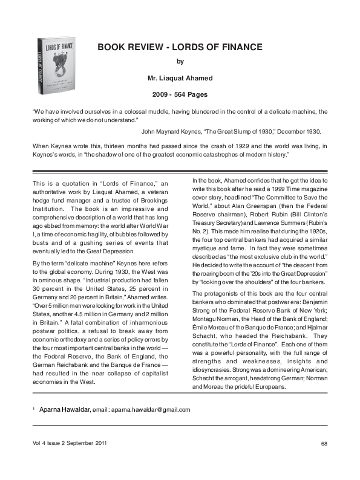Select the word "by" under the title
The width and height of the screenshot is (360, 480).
click(179, 61)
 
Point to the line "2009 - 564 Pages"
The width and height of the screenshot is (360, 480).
click(179, 94)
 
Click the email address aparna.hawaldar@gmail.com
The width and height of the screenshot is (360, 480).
click(151, 409)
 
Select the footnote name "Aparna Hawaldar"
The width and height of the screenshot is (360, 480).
click(64, 409)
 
